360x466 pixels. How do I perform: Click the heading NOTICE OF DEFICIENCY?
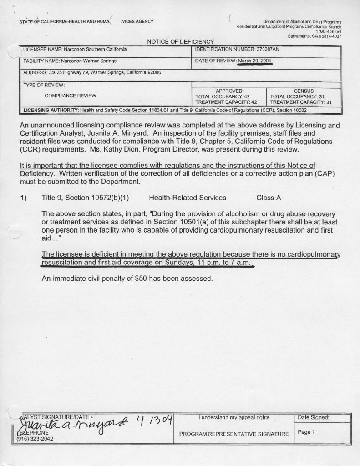pyautogui.click(x=180, y=42)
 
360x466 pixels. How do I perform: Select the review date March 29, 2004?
pyautogui.click(x=255, y=61)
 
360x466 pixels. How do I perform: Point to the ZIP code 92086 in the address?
pyautogui.click(x=155, y=73)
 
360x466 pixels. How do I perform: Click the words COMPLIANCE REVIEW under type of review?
pyautogui.click(x=70, y=96)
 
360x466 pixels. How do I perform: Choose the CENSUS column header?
pyautogui.click(x=304, y=91)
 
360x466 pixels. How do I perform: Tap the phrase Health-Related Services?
pyautogui.click(x=188, y=198)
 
